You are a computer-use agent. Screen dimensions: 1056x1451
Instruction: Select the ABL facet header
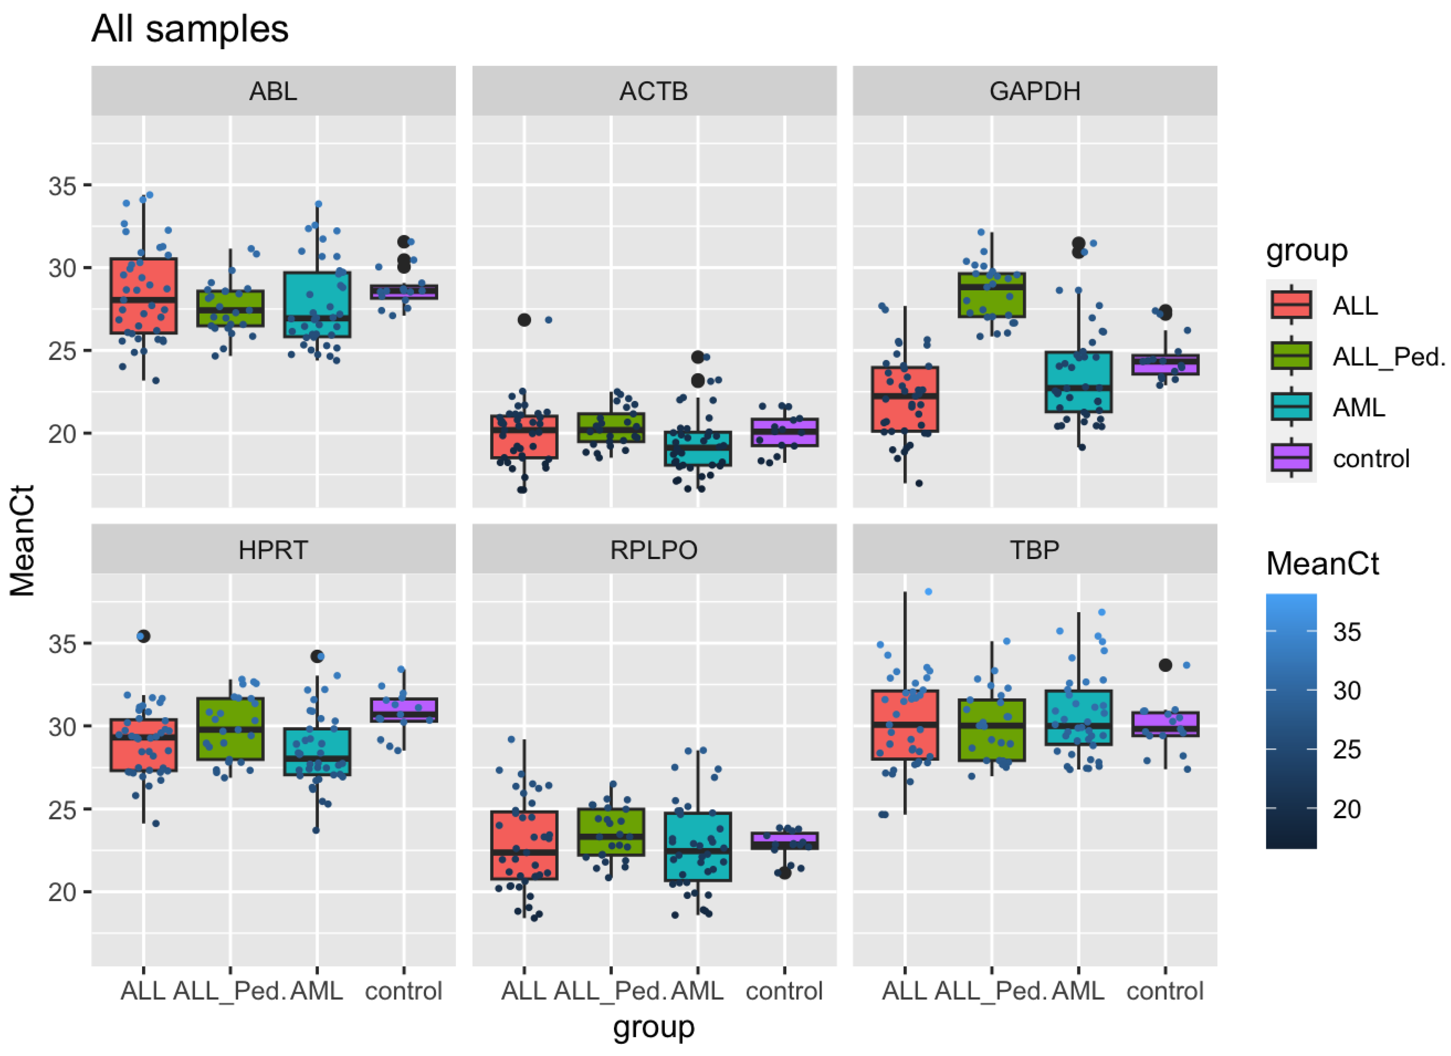273,91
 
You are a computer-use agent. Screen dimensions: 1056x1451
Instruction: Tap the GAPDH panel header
1035,91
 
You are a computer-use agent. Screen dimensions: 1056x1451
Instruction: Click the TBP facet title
1035,549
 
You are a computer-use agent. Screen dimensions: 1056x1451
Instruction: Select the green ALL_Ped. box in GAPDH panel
992,295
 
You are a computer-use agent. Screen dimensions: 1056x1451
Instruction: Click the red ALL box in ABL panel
143,296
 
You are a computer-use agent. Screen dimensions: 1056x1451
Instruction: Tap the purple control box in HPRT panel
404,710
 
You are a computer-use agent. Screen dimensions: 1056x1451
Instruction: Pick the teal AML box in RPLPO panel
698,847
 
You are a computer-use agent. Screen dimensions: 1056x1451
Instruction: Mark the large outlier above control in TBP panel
1165,665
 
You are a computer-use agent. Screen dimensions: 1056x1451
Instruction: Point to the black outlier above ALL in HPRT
143,636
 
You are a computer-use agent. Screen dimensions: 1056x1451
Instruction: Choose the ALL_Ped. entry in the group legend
1388,356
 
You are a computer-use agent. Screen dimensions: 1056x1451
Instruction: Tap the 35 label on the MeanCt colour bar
1347,632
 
